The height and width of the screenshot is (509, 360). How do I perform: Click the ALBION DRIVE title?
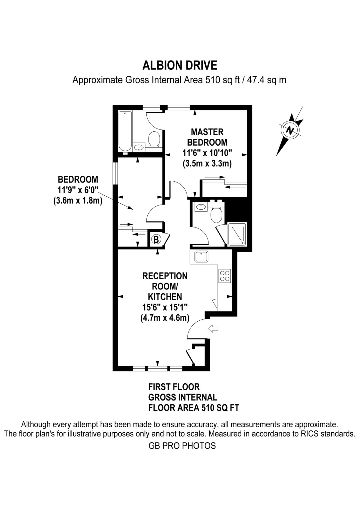[180, 66]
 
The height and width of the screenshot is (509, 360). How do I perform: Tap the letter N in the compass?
[290, 130]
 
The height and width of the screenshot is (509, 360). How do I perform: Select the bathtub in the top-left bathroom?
[125, 131]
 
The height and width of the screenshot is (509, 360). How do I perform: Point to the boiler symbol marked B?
[156, 239]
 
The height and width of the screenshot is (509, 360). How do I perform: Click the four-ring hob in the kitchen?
[225, 276]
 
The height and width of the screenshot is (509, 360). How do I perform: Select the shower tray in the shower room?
[237, 234]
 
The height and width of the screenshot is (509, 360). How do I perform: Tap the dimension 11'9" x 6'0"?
[78, 190]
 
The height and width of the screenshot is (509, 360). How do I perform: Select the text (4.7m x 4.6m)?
[165, 317]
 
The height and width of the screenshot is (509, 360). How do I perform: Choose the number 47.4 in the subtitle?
[255, 80]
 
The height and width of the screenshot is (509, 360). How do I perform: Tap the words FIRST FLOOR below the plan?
[174, 387]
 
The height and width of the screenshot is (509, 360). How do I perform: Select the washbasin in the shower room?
[201, 207]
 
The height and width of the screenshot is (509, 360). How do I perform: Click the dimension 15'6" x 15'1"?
[165, 307]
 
